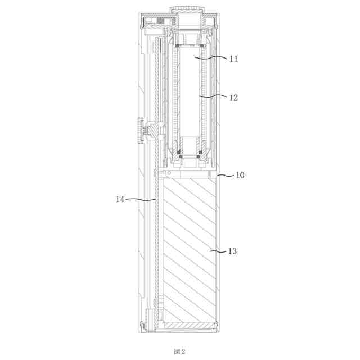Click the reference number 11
point(234,59)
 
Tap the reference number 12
point(234,97)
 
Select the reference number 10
point(240,175)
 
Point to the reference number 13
point(232,251)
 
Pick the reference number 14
point(120,199)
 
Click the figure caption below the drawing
point(179,351)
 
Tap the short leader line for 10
point(226,175)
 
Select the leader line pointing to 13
point(218,251)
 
